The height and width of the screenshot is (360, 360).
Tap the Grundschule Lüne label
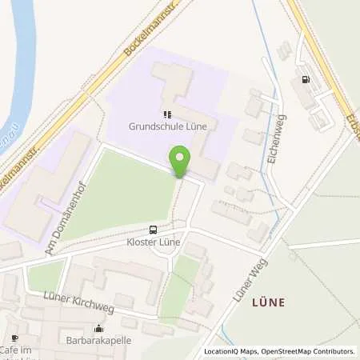point(168,126)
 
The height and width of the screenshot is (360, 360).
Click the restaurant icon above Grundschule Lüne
point(168,114)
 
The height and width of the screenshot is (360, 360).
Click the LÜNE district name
point(268,302)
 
